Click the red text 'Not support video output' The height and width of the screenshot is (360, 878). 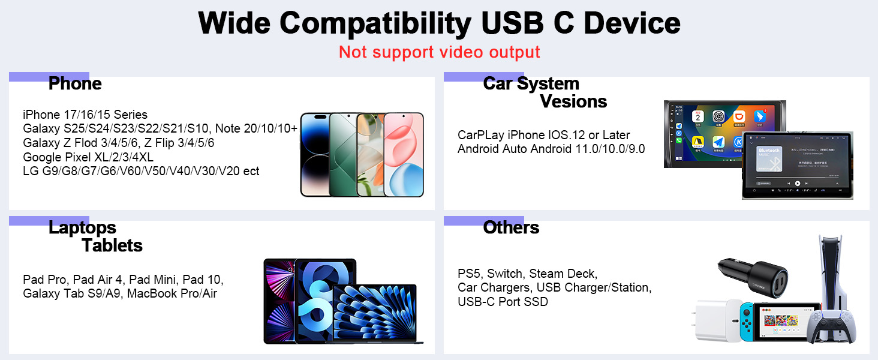[x=439, y=52]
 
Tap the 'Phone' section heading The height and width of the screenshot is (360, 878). [x=75, y=84]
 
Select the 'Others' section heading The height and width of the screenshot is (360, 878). [x=511, y=228]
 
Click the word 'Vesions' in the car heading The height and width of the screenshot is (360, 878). [x=573, y=102]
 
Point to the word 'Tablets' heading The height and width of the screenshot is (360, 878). [x=112, y=246]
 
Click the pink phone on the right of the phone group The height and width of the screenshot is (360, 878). [x=404, y=154]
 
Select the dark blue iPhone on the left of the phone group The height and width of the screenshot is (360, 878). [x=315, y=154]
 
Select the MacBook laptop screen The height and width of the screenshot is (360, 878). [x=374, y=312]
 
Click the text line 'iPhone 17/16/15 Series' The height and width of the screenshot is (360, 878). [x=85, y=115]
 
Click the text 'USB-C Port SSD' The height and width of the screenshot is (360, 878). [x=503, y=302]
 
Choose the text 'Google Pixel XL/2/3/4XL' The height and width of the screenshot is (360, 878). [x=88, y=158]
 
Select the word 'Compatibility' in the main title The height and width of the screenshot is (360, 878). [x=374, y=24]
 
